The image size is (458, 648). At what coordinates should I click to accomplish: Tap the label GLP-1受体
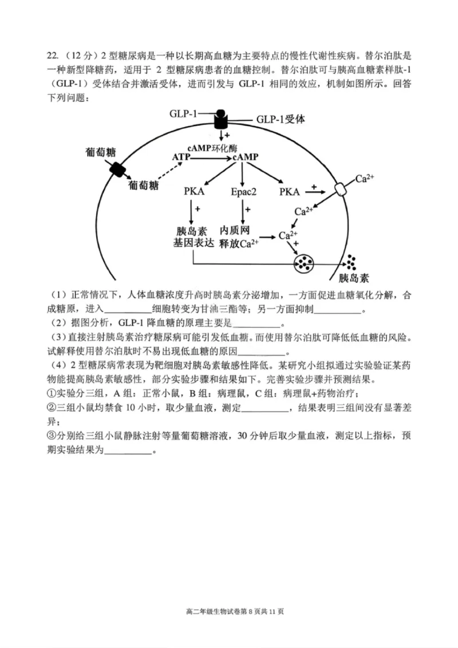coord(281,120)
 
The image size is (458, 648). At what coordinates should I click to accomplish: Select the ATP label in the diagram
coord(181,156)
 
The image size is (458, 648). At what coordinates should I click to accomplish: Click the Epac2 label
coord(244,191)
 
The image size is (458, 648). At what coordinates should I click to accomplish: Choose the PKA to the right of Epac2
coord(290,191)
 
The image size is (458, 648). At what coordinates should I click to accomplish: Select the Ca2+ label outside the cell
coord(365,179)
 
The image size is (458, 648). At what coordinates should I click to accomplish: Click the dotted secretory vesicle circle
coord(305,263)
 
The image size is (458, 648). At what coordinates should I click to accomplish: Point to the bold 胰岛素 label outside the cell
coord(354,279)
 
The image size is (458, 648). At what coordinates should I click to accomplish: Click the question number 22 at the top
coord(53,56)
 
